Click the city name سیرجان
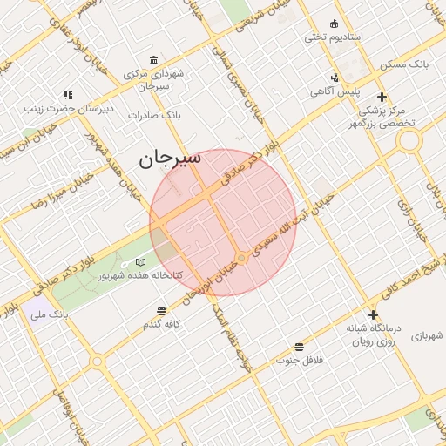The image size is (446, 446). [x=170, y=159]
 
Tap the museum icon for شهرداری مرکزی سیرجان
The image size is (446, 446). [x=154, y=60]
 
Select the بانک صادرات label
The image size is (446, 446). [x=153, y=114]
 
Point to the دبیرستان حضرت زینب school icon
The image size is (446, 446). [x=68, y=95]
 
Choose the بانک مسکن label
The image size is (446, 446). [x=405, y=65]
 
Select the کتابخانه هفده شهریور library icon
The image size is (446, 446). [x=141, y=262]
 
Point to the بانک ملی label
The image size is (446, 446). [x=49, y=314]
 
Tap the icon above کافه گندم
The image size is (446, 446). [x=162, y=310]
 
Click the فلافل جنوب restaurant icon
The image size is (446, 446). [x=300, y=346]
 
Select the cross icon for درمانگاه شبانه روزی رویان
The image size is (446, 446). [x=373, y=314]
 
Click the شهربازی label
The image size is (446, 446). [x=427, y=334]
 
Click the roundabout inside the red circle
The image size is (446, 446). [x=243, y=259]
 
